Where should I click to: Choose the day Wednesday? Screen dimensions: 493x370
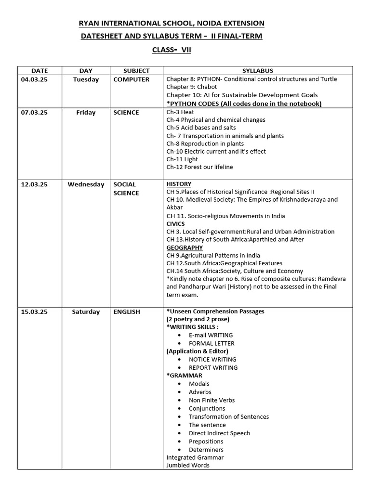tap(86, 184)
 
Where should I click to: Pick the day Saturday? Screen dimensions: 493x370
tap(86, 312)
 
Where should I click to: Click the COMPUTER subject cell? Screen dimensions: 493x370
tap(132, 79)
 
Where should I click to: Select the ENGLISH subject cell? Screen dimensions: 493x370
tap(127, 312)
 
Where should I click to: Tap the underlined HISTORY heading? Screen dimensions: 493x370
tap(179, 184)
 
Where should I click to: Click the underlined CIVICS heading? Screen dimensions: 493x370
tap(175, 224)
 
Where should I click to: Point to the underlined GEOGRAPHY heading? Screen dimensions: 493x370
tap(185, 247)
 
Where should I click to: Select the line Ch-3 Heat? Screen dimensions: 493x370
tap(180, 112)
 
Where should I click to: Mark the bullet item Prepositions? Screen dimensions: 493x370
tap(206, 441)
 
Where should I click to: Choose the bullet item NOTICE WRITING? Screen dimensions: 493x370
tap(212, 360)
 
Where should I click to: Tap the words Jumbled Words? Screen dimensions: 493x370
tap(188, 466)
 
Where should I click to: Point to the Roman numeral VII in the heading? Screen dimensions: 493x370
tap(186, 50)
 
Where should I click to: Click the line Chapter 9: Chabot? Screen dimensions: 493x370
tap(190, 87)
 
